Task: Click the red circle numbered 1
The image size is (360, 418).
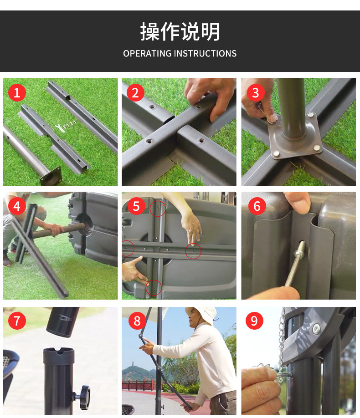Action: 17,93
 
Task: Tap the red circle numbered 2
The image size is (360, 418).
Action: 135,93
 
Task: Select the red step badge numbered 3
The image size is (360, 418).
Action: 255,93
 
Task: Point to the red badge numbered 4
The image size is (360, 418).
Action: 17,206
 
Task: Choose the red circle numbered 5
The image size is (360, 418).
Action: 136,206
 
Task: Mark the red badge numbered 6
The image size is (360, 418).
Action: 257,206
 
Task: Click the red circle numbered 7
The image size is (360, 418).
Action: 17,321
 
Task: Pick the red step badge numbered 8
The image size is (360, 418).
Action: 137,321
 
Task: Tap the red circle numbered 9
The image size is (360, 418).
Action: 254,321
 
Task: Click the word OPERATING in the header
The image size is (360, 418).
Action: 147,54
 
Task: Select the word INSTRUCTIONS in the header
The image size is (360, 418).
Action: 205,54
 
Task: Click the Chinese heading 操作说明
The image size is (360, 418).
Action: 180,32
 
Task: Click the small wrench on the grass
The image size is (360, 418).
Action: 60,127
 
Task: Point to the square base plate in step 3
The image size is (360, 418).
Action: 296,136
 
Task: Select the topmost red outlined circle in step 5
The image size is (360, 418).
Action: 158,209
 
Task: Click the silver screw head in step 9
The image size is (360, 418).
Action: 316,329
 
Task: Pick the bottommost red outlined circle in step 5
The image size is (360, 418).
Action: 154,288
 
